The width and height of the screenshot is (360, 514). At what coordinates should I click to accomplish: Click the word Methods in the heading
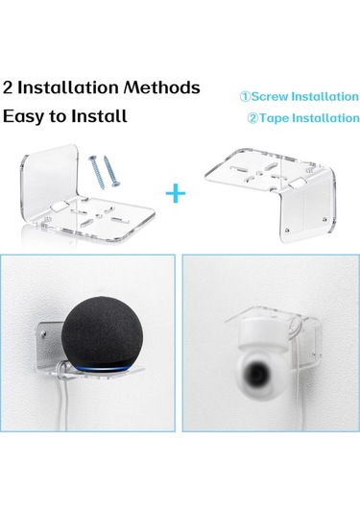point(162,87)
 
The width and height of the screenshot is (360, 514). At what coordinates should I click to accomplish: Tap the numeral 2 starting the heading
point(8,87)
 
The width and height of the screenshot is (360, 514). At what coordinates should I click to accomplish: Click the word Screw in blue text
point(271,96)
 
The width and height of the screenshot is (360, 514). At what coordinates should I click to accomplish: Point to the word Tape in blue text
point(275,118)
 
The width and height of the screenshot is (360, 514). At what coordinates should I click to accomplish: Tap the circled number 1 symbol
point(245,97)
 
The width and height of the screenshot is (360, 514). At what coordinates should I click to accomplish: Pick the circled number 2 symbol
point(252,118)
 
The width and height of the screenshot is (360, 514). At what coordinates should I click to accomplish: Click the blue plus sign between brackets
point(176,193)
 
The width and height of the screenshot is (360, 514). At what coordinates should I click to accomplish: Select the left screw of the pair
point(97,172)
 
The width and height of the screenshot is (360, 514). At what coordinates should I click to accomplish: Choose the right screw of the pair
point(112,171)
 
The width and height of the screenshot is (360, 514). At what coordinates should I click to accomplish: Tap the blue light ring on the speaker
point(102,368)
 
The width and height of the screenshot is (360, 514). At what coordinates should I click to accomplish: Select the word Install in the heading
point(99,115)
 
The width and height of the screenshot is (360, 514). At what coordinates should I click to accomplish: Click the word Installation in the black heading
point(68,87)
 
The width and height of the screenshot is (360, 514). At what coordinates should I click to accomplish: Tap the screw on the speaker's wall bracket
point(43,334)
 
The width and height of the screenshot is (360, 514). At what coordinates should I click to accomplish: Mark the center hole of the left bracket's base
point(98,216)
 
